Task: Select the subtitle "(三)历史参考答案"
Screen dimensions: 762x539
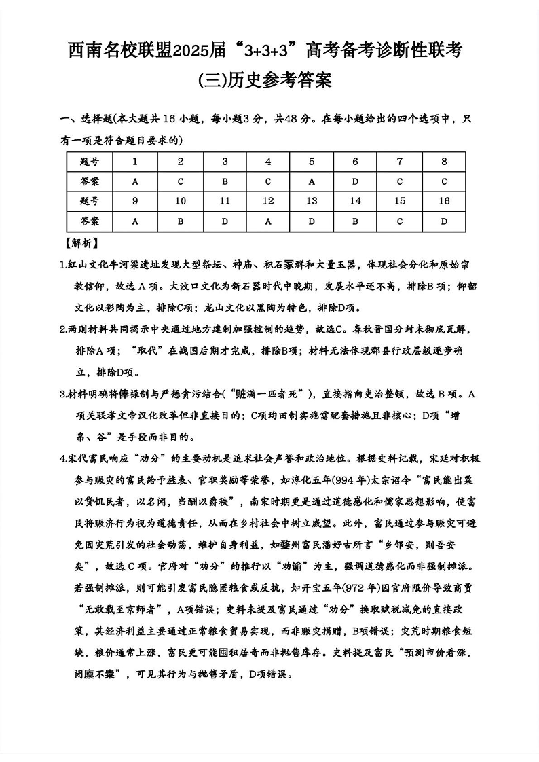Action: [269, 81]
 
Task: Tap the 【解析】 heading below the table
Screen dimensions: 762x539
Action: [80, 242]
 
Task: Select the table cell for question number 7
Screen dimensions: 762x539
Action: [399, 162]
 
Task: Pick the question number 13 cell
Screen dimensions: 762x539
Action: [312, 201]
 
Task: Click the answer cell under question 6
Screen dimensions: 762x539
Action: [355, 181]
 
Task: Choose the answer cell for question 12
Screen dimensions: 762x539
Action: [268, 221]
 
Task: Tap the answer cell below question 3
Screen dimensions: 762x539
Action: [225, 181]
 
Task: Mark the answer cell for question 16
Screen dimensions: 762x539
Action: [443, 221]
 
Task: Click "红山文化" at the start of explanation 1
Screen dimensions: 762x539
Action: [86, 264]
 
